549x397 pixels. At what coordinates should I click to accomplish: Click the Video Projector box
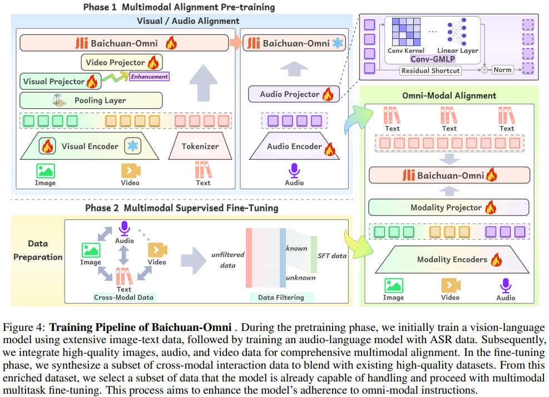coord(121,62)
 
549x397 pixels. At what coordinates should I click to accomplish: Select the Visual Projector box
coord(60,82)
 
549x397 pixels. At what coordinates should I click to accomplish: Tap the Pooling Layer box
coord(91,100)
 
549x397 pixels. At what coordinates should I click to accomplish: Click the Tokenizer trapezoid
coord(200,147)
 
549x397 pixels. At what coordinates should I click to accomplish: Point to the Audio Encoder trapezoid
coord(294,147)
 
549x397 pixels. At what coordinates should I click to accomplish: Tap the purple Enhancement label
coord(149,76)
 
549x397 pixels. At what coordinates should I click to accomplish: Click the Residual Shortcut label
coord(431,71)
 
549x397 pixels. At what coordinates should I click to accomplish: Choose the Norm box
coord(502,70)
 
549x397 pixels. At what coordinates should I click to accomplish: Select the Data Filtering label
coord(281,297)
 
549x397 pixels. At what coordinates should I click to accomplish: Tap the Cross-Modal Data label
coord(123,297)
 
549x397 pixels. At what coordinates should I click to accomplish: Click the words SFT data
coord(332,255)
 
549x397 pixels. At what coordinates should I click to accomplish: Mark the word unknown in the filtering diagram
coord(300,278)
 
